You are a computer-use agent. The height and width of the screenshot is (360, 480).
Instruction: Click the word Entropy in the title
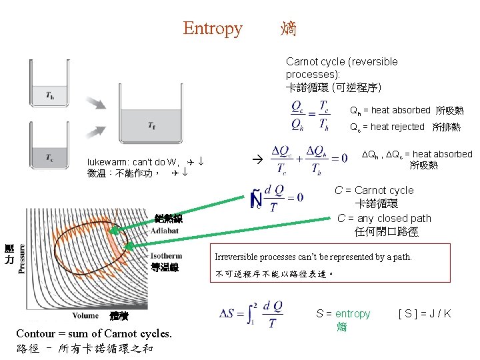tap(213, 28)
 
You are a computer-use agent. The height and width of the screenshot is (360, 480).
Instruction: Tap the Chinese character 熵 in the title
tap(289, 28)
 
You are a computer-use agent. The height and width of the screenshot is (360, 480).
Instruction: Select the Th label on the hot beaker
tap(50, 95)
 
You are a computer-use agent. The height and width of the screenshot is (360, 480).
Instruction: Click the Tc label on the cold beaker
tap(50, 157)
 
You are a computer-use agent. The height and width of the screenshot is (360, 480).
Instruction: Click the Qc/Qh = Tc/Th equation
tap(310, 115)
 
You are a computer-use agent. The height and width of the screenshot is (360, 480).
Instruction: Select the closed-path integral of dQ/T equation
tap(277, 199)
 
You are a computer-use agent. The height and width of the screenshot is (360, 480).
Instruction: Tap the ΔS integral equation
tap(252, 314)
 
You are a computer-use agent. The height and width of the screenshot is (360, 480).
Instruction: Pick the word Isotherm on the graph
tap(167, 255)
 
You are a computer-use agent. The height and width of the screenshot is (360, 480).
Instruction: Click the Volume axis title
tap(85, 315)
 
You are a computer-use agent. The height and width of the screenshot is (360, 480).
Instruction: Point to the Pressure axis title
tap(21, 259)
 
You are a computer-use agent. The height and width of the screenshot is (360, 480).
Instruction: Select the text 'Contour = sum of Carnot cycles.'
tap(94, 333)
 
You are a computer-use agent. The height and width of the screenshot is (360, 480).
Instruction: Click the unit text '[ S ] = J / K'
tap(425, 313)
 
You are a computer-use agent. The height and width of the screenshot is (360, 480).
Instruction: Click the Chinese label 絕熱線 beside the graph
tap(169, 218)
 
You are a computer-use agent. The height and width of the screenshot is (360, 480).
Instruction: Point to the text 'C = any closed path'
tap(384, 218)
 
